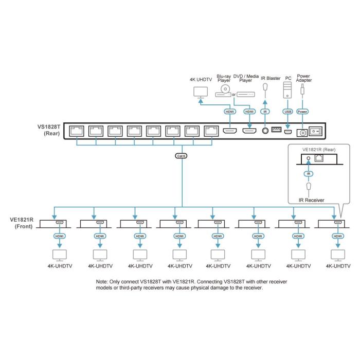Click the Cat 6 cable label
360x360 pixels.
coord(180,155)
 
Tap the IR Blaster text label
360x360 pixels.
coord(271,78)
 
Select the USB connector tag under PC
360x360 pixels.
coord(288,112)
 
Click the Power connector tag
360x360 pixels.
coord(302,112)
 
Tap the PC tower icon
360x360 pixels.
coord(288,91)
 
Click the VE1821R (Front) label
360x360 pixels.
coord(21,222)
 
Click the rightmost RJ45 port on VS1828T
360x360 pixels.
coord(210,131)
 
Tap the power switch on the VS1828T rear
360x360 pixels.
coord(318,131)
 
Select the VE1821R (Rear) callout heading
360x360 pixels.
coord(319,149)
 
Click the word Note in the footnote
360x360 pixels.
coord(103,282)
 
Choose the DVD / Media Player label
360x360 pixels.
coord(246,78)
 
